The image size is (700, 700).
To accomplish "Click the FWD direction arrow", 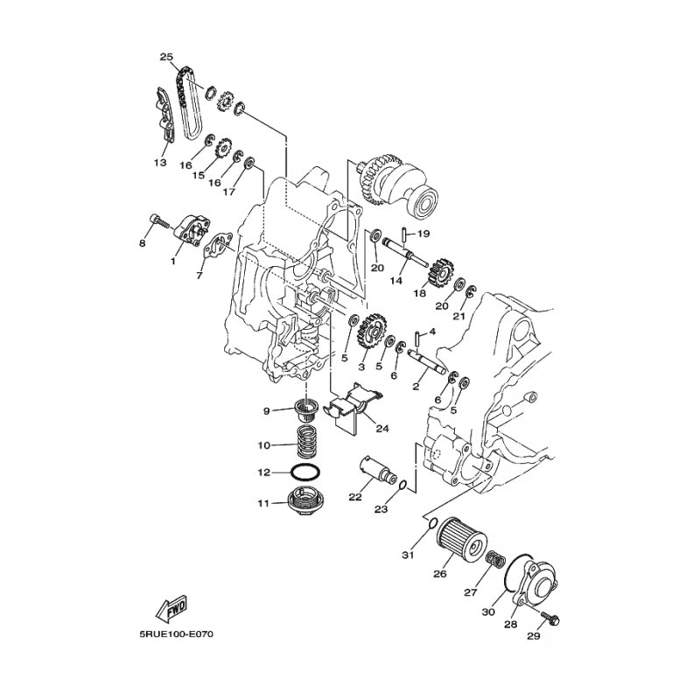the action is coord(171,608).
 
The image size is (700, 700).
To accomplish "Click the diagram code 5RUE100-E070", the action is coord(177,633).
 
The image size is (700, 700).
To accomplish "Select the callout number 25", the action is coord(166,57).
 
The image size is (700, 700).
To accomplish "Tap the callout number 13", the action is coord(160,163).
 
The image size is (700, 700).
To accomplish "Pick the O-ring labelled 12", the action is coord(305,472).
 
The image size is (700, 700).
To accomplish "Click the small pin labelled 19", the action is coord(403,236).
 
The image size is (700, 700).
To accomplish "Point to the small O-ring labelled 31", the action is coord(431,523).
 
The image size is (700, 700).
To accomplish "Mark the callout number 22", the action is coord(355,497).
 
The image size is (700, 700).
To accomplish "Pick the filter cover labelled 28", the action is coord(534,582).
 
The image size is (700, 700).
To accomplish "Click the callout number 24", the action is coord(382,429).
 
